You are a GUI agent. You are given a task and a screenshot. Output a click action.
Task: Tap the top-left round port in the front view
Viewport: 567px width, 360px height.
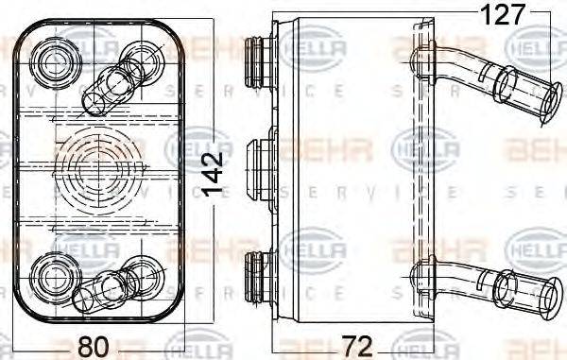51,63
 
